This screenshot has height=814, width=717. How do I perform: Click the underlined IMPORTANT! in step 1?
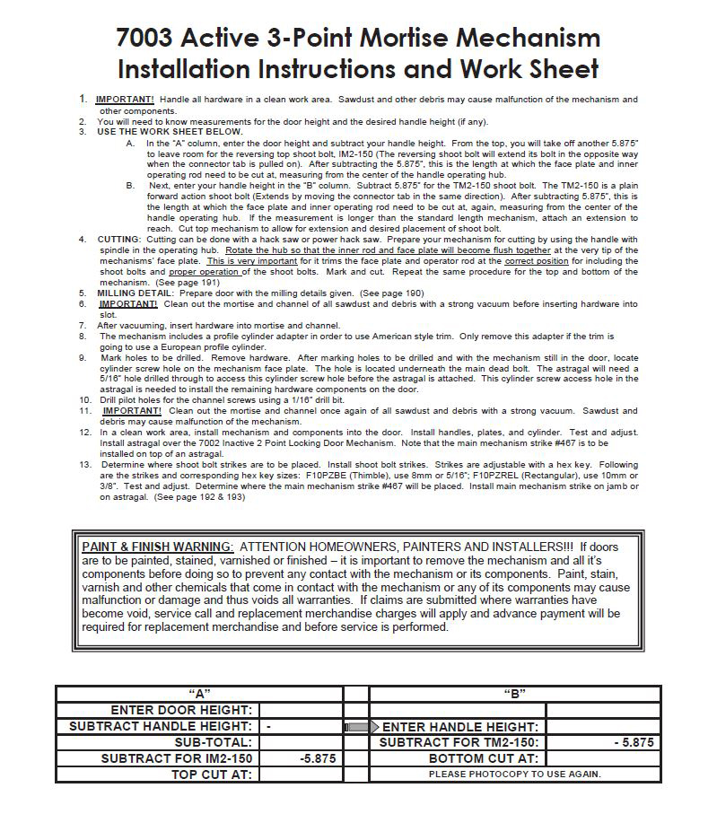pos(124,99)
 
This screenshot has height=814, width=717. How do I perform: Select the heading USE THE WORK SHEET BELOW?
pos(170,132)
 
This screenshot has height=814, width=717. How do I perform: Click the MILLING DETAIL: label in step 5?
pos(136,293)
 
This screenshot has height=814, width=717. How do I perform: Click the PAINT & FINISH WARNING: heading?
pos(157,547)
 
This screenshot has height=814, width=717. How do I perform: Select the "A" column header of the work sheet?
pos(199,694)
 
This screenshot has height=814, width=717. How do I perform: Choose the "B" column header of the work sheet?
pos(515,694)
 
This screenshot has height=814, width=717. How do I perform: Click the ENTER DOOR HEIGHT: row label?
pos(181,710)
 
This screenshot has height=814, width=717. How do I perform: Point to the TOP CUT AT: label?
pos(212,774)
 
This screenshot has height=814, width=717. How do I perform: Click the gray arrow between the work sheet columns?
pos(356,726)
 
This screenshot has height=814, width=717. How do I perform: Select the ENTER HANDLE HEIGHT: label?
pos(460,726)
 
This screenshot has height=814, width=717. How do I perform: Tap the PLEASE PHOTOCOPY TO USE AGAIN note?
pos(514,774)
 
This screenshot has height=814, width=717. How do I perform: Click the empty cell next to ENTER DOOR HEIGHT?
pos(301,710)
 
